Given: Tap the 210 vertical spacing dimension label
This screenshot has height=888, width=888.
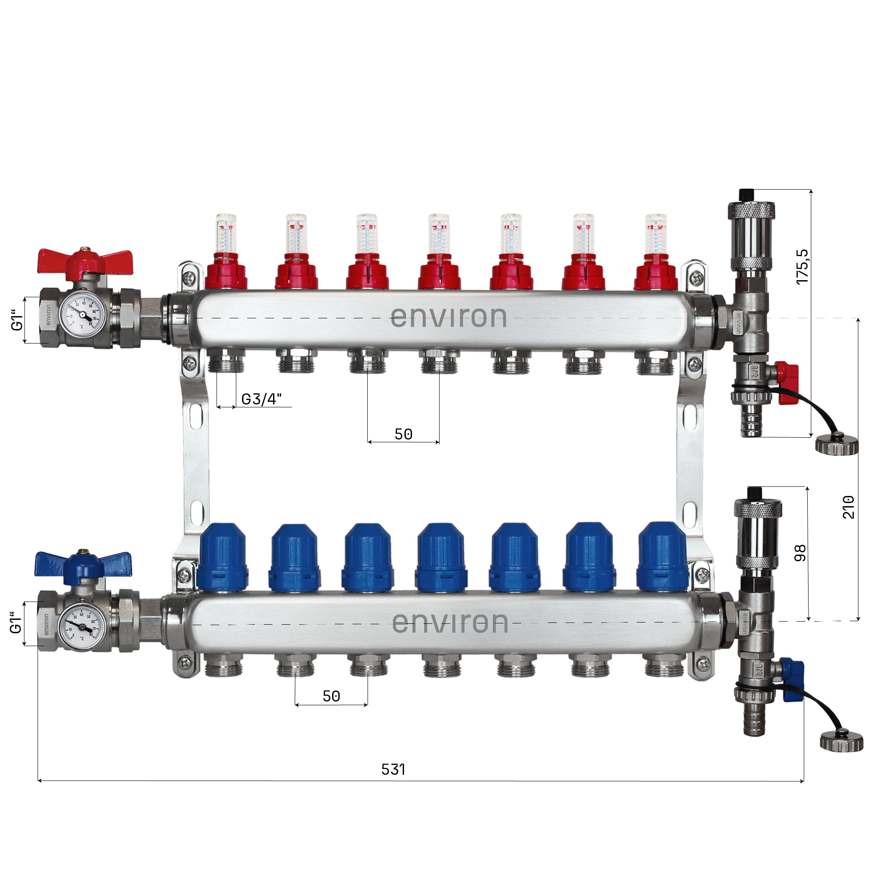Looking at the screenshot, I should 848,507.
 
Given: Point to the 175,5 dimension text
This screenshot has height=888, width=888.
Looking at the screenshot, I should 802,267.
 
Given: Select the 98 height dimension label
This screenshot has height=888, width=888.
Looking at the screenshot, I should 800,553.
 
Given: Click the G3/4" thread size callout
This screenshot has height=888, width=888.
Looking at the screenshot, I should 262,400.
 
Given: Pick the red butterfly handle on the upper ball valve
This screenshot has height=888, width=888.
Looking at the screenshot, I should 85,261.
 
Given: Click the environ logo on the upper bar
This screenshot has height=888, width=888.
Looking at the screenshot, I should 448,317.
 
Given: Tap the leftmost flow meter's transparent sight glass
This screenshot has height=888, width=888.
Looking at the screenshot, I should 226,233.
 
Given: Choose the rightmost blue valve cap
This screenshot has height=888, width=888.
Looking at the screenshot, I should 662,557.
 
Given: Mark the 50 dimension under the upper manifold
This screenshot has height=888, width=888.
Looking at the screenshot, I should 404,434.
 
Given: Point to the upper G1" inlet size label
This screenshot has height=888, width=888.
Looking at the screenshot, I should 17,319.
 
